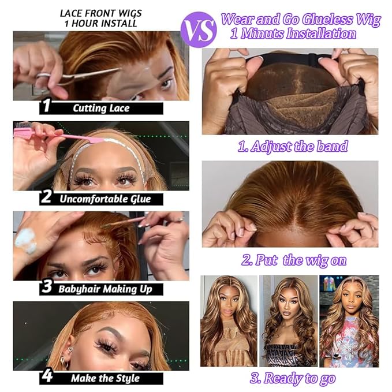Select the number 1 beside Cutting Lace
[47, 107]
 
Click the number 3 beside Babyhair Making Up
[47, 288]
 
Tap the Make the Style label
[105, 379]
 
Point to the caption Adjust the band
[293, 147]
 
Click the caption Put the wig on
[294, 260]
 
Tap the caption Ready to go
[293, 378]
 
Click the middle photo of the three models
[288, 321]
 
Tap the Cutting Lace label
[102, 108]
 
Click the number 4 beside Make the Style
[47, 378]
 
